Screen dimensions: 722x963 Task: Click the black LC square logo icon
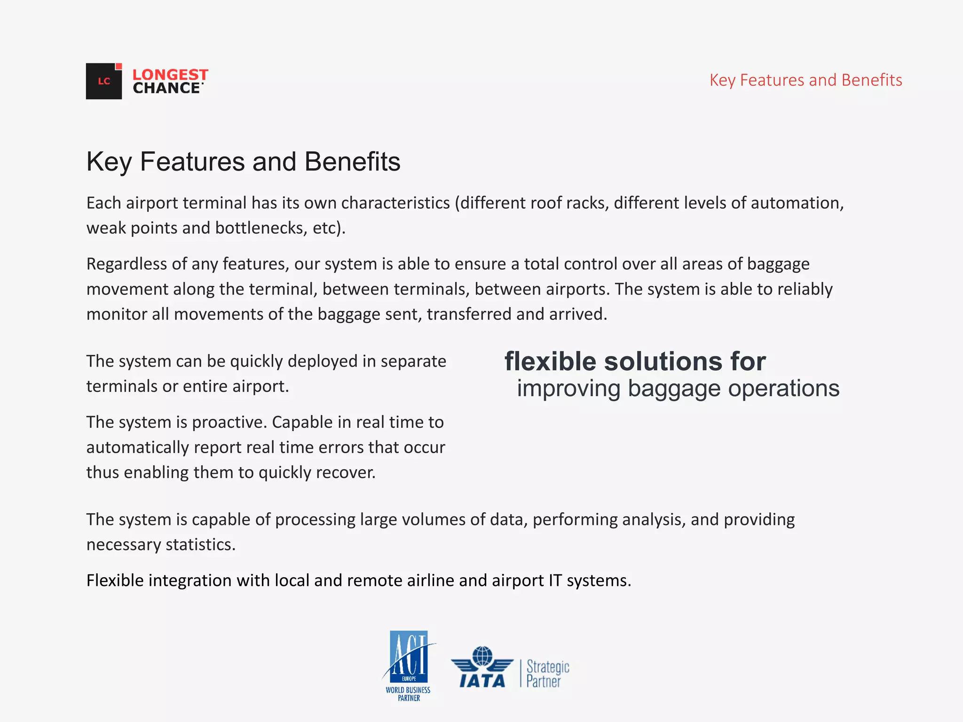(x=103, y=81)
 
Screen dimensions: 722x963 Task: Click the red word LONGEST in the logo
(x=170, y=75)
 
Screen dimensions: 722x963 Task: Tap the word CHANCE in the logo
(x=167, y=88)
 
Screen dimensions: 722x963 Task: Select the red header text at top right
(x=805, y=80)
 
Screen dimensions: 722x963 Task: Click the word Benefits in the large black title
(x=352, y=162)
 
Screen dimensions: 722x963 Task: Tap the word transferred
(x=468, y=314)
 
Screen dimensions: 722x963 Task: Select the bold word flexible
(x=551, y=361)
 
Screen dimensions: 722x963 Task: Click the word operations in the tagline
(x=783, y=388)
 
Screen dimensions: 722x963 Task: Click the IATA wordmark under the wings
(x=482, y=681)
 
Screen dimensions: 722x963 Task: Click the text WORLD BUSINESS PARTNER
(x=408, y=694)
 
